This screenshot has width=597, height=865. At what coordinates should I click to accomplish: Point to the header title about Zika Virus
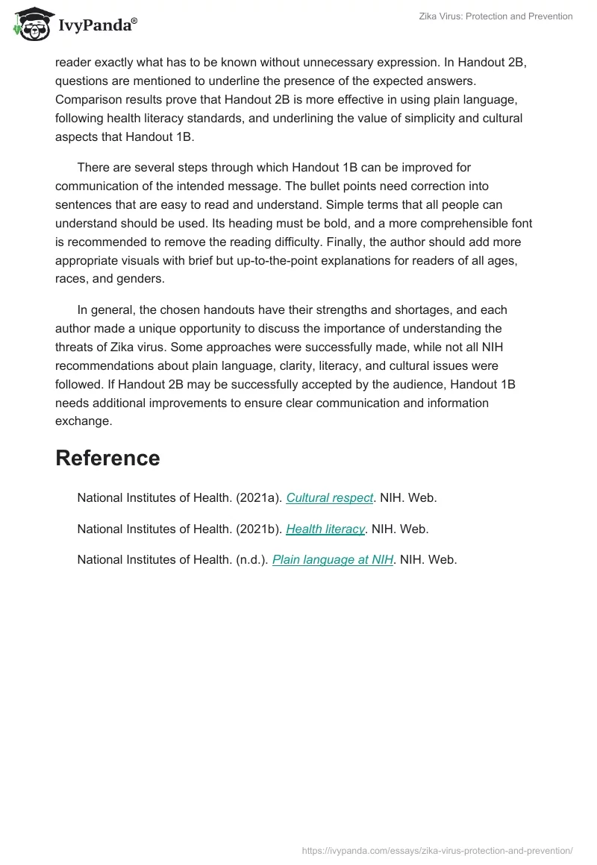pyautogui.click(x=496, y=16)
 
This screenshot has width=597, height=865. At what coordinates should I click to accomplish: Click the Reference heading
pyautogui.click(x=107, y=458)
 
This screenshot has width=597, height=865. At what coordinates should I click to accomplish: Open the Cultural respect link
pyautogui.click(x=329, y=498)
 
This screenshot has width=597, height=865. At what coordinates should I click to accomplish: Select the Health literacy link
pyautogui.click(x=325, y=529)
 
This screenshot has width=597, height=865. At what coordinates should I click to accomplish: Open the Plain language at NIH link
pyautogui.click(x=333, y=559)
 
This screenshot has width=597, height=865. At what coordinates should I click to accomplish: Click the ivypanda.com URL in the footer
pyautogui.click(x=437, y=850)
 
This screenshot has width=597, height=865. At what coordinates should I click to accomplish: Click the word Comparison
pyautogui.click(x=88, y=99)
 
